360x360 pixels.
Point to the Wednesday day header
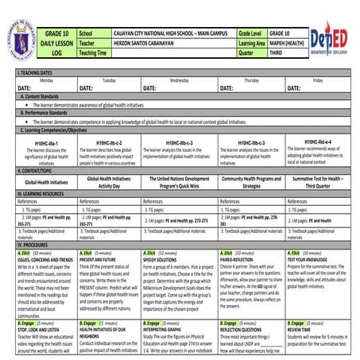[180, 80]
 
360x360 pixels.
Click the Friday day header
[318, 80]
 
